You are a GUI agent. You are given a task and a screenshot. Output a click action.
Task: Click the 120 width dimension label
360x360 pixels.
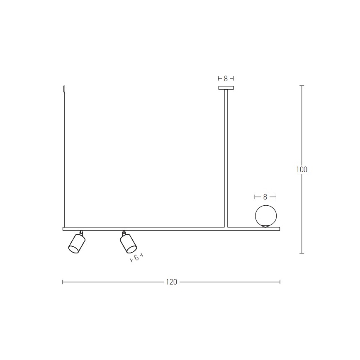pos(171,282)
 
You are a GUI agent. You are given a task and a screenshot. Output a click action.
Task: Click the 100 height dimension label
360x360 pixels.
pos(302,169)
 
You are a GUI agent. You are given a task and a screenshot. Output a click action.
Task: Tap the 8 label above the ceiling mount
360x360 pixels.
pos(226,78)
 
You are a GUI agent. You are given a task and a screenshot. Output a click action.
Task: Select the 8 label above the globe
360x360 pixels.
pos(265,197)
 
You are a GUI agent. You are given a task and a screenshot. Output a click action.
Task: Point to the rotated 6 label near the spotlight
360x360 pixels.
pos(136,258)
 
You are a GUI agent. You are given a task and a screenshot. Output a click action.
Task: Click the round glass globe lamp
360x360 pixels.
pos(265,215)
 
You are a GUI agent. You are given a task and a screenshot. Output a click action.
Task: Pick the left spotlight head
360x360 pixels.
pos(77,243)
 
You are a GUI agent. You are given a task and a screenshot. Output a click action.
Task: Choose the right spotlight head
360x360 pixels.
pos(129,243)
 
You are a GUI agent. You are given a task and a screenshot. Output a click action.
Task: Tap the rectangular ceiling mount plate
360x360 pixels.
pos(226,88)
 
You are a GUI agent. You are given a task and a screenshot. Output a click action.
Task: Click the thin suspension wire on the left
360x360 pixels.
pos(64,158)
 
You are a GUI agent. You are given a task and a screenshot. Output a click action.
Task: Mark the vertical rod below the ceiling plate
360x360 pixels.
pos(226,158)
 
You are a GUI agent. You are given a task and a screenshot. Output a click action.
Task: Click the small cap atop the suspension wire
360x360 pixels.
pos(64,89)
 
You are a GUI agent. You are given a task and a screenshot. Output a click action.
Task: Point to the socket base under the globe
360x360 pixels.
pos(265,226)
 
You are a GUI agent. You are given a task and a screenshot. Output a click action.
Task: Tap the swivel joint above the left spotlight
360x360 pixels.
pos(81,233)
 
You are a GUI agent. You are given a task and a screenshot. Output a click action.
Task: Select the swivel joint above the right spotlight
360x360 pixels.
pos(124,233)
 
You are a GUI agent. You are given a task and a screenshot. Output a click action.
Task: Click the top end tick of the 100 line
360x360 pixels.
pos(302,85)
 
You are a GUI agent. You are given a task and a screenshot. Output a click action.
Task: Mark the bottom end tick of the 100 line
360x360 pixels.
pos(302,253)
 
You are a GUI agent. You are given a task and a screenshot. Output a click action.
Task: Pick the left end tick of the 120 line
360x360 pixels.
pos(63,282)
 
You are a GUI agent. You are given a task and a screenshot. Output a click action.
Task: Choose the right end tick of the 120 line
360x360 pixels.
pos(280,282)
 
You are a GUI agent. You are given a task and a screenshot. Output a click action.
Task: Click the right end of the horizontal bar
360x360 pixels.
pos(279,229)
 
